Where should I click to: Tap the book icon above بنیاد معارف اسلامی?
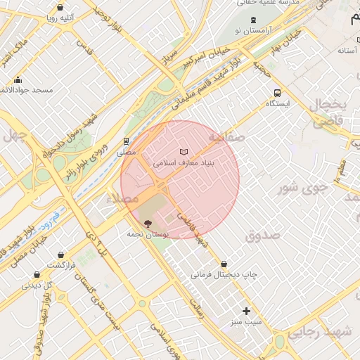184,152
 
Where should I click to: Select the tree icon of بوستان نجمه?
147,223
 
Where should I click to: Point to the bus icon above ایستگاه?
277,93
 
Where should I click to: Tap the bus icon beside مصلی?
126,141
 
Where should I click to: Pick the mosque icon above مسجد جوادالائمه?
18,80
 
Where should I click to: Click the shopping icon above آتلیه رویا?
60,8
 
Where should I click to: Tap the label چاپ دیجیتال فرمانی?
224,274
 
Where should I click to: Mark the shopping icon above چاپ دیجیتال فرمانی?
224,264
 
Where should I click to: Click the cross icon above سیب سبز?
246,311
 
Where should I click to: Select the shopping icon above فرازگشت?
62,254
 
